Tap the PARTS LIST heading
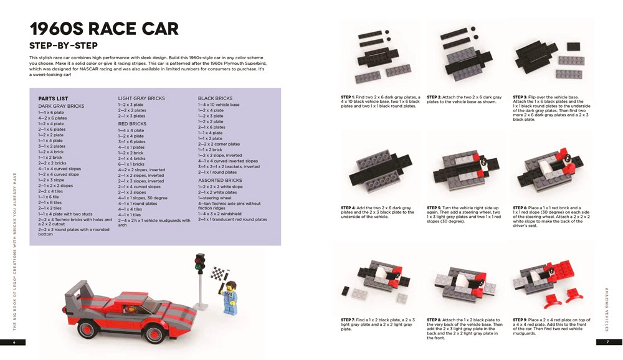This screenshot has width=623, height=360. tap(53, 98)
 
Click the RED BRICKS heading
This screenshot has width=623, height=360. tap(131, 125)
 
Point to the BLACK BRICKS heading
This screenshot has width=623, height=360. tap(215, 98)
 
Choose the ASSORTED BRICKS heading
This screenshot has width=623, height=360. tap(220, 180)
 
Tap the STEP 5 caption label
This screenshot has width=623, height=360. tap(436, 207)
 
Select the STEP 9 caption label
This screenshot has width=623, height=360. tap(522, 319)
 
